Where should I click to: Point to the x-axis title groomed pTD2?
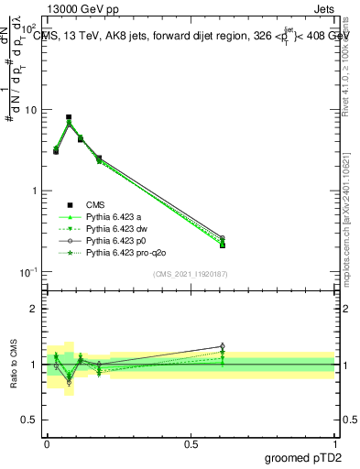tap(304, 457)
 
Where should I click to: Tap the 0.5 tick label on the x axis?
tap(191, 444)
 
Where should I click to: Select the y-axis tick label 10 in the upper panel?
tap(30, 110)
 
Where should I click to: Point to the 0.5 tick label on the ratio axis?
tap(30, 421)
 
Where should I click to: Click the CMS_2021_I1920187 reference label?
tap(191, 274)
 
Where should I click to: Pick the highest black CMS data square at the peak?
tap(69, 117)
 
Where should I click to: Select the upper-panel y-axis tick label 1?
tap(35, 191)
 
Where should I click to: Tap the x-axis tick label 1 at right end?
tap(335, 444)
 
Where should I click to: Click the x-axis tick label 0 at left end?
tap(47, 444)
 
